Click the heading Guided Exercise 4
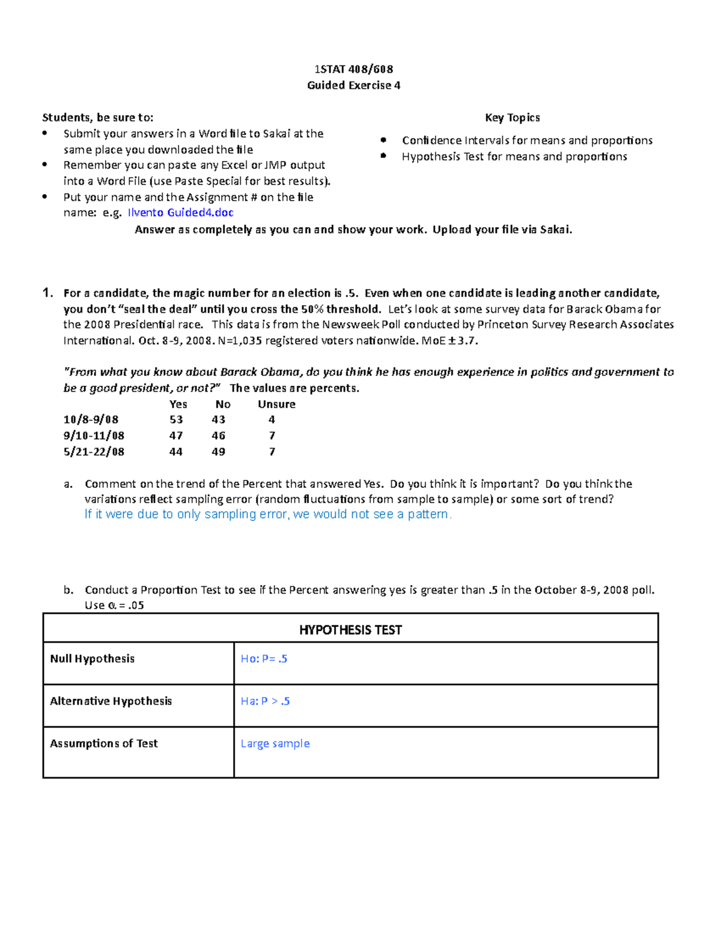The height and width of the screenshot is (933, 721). point(353,85)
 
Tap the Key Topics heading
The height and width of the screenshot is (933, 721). point(512,118)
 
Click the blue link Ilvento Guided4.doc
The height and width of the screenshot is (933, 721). point(180,213)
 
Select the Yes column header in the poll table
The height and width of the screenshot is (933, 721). point(178,404)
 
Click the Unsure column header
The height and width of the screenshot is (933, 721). point(276,404)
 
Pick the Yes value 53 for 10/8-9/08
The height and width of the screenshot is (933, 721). point(176,420)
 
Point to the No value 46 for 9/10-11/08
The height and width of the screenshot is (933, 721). point(218,436)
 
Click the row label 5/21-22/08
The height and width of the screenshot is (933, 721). point(94,452)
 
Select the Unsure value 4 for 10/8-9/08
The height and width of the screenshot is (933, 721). point(272,420)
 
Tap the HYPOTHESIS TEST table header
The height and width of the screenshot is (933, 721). point(350,630)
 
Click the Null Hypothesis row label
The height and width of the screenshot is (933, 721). point(92,659)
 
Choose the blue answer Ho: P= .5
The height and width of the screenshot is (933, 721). point(264,659)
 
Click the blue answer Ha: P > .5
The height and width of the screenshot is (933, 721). point(265,701)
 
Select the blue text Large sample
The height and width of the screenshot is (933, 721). point(275,744)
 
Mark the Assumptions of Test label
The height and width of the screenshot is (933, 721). point(103,744)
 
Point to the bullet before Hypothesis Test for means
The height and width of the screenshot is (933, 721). point(383,156)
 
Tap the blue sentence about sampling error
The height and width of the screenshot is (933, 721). point(268,514)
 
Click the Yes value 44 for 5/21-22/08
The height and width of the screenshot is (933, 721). point(175,452)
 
